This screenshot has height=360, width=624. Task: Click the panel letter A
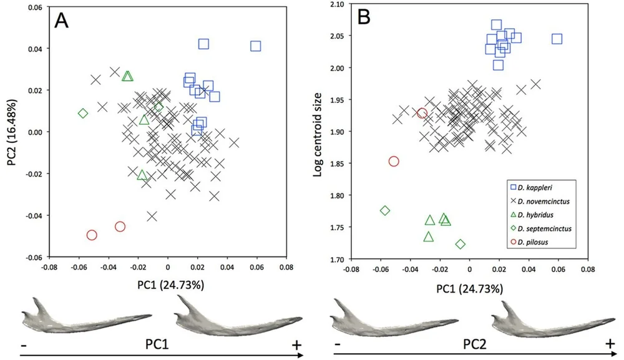61,21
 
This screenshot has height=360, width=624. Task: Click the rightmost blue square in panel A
255,46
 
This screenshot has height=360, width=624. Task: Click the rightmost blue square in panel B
557,39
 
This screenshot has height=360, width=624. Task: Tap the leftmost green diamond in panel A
83,113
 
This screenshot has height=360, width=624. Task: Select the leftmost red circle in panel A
92,235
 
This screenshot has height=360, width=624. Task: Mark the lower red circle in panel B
394,161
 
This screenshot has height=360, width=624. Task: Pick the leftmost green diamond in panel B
385,210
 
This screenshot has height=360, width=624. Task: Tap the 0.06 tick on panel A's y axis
32,7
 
